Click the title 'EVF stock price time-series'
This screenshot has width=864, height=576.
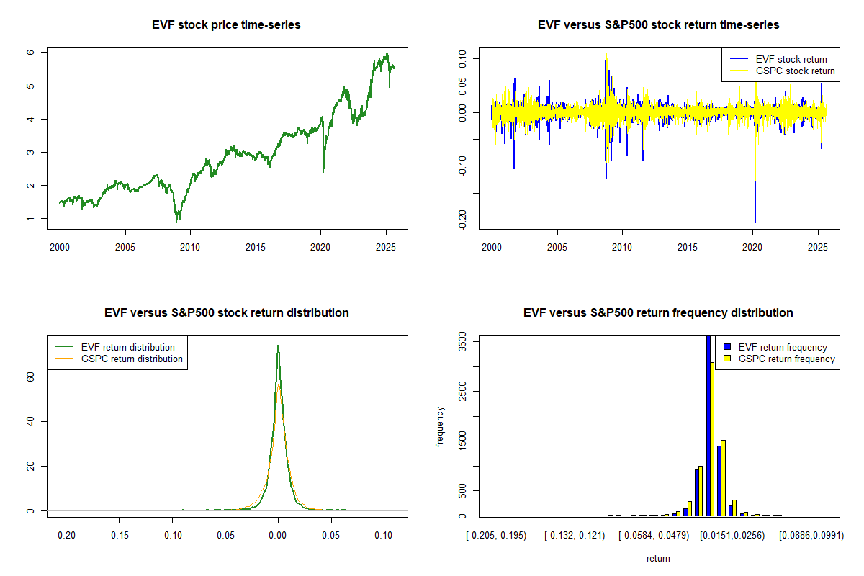point(226,25)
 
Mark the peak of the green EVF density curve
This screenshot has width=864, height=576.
point(278,346)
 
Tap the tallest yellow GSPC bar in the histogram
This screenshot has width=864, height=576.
point(712,438)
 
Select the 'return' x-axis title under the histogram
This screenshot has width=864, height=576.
point(658,558)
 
